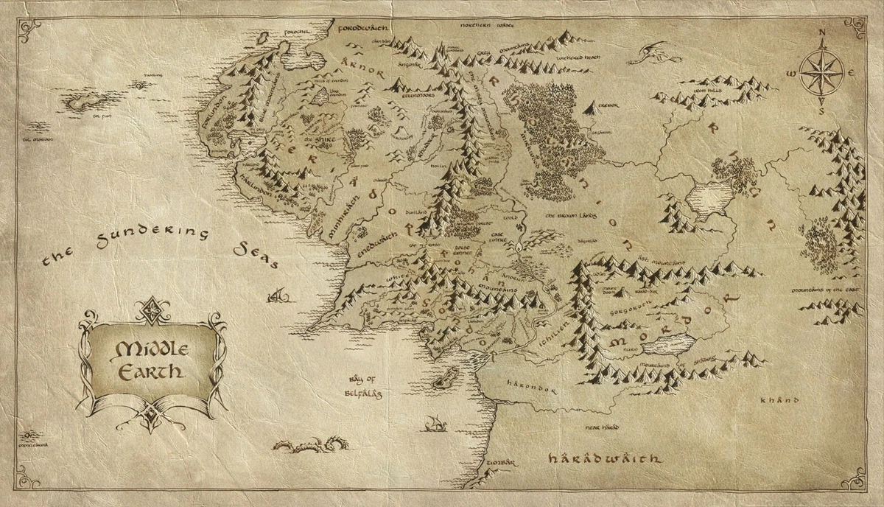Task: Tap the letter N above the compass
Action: tap(821, 33)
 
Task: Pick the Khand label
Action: tap(779, 400)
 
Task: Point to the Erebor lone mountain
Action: tap(590, 108)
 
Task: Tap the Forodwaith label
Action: tap(362, 31)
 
